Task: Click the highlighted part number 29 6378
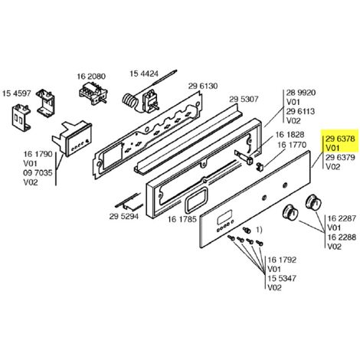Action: pyautogui.click(x=340, y=139)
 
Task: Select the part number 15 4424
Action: pyautogui.click(x=144, y=74)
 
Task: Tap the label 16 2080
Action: pyautogui.click(x=91, y=77)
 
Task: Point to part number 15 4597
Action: pyautogui.click(x=17, y=93)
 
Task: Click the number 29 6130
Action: pyautogui.click(x=203, y=86)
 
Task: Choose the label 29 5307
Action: pyautogui.click(x=244, y=99)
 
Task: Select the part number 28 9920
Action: pyautogui.click(x=301, y=93)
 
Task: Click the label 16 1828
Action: pyautogui.click(x=290, y=135)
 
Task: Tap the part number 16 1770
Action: pyautogui.click(x=292, y=145)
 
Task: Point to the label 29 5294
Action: pyautogui.click(x=124, y=216)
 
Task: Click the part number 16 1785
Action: pyautogui.click(x=182, y=219)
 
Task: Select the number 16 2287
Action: pyautogui.click(x=342, y=218)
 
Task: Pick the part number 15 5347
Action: pyautogui.click(x=282, y=278)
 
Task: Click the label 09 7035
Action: pyautogui.click(x=38, y=173)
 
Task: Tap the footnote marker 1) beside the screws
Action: pyautogui.click(x=259, y=230)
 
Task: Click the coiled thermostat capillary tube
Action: pyautogui.click(x=129, y=101)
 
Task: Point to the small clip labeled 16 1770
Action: pyautogui.click(x=260, y=166)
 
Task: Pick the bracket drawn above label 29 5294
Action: pyautogui.click(x=129, y=203)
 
